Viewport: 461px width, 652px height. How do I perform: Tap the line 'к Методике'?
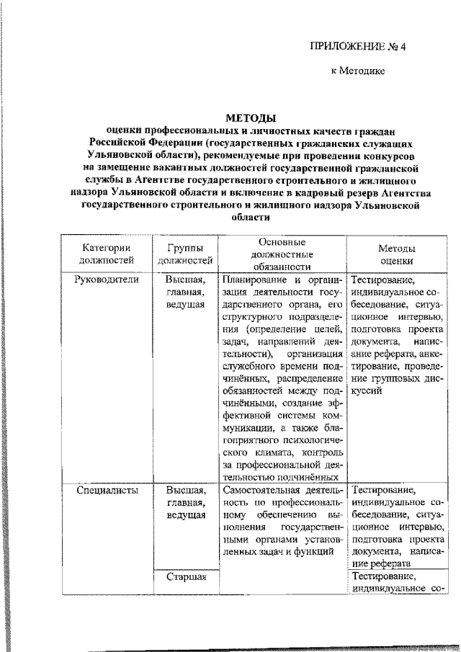(358, 71)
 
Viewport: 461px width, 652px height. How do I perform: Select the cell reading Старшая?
(186, 576)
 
